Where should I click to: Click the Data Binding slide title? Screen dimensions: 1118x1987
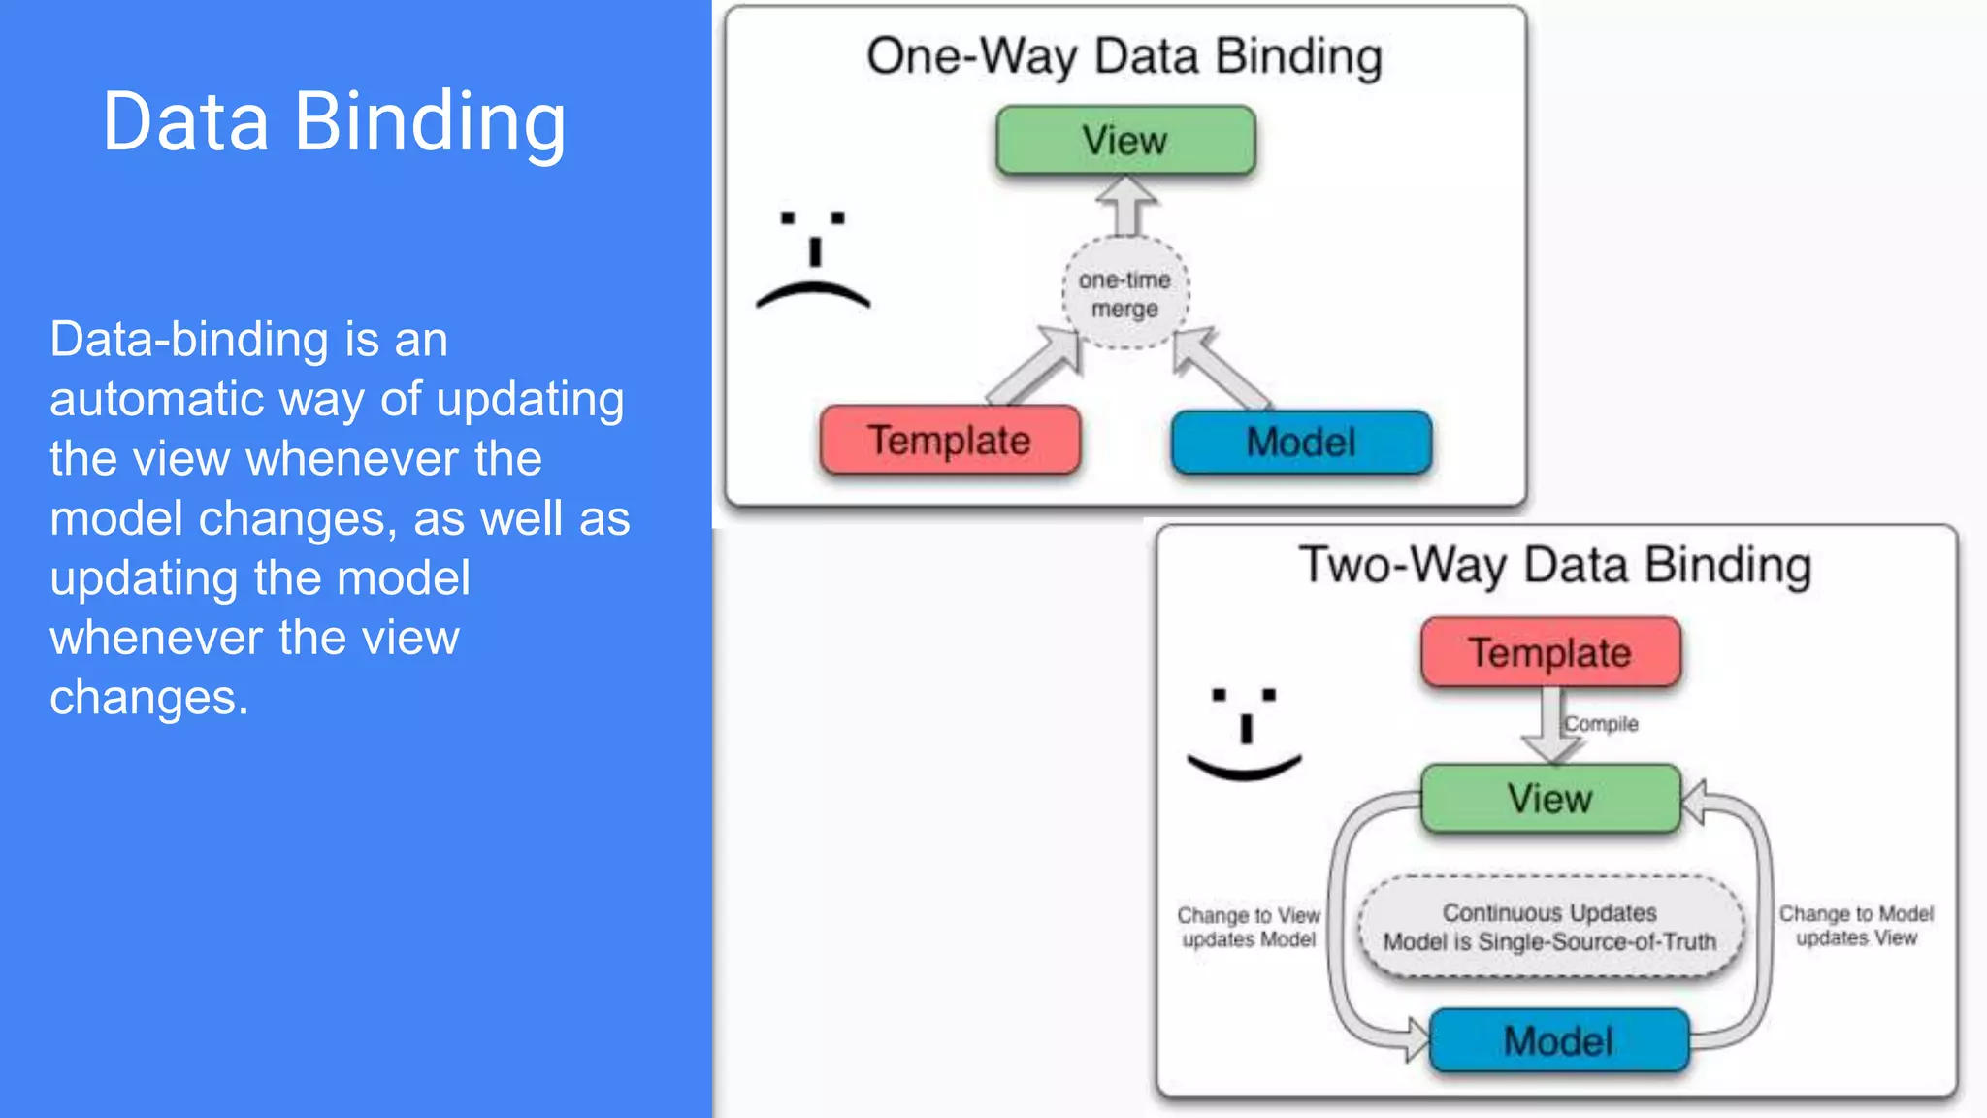334,122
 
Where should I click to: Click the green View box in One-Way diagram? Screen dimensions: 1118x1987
1125,141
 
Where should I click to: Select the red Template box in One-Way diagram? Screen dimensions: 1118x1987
950,441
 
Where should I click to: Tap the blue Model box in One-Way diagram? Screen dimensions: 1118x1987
1301,443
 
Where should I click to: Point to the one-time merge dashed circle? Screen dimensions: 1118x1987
1125,293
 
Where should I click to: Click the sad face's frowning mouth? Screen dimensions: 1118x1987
813,293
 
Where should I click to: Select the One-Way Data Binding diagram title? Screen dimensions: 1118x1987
1124,56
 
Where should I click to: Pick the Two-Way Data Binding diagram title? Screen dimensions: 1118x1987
1555,565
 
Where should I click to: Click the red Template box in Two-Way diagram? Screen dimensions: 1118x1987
1550,652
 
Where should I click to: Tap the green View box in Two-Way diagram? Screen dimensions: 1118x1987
1550,799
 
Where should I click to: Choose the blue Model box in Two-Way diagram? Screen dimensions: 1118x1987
1559,1041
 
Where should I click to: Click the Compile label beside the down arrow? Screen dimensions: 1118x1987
1601,724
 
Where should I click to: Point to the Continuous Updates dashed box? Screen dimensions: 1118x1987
1549,928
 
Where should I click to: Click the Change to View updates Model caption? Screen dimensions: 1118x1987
1249,927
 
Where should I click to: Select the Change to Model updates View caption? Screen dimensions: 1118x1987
1856,926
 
